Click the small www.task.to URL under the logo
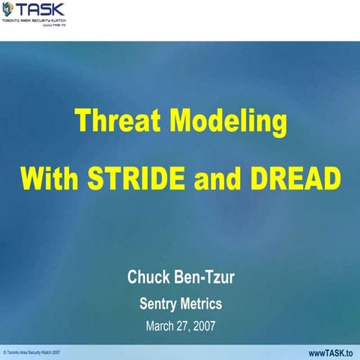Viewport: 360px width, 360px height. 52,26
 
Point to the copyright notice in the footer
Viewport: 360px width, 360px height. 31,352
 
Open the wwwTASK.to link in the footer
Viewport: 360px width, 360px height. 331,352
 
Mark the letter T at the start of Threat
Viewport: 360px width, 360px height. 82,122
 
